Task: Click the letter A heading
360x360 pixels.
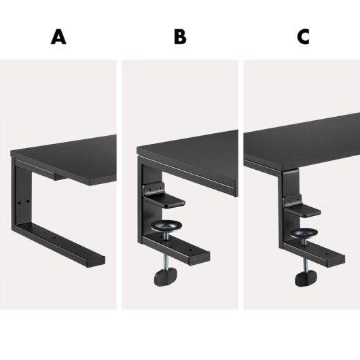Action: (x=59, y=37)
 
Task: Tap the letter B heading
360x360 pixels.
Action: (x=179, y=37)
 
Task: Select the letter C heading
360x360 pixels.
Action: (x=303, y=37)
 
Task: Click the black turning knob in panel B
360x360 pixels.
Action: (x=164, y=278)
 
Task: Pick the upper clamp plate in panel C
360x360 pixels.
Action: (x=306, y=209)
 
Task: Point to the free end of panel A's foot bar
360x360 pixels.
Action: (x=100, y=261)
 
